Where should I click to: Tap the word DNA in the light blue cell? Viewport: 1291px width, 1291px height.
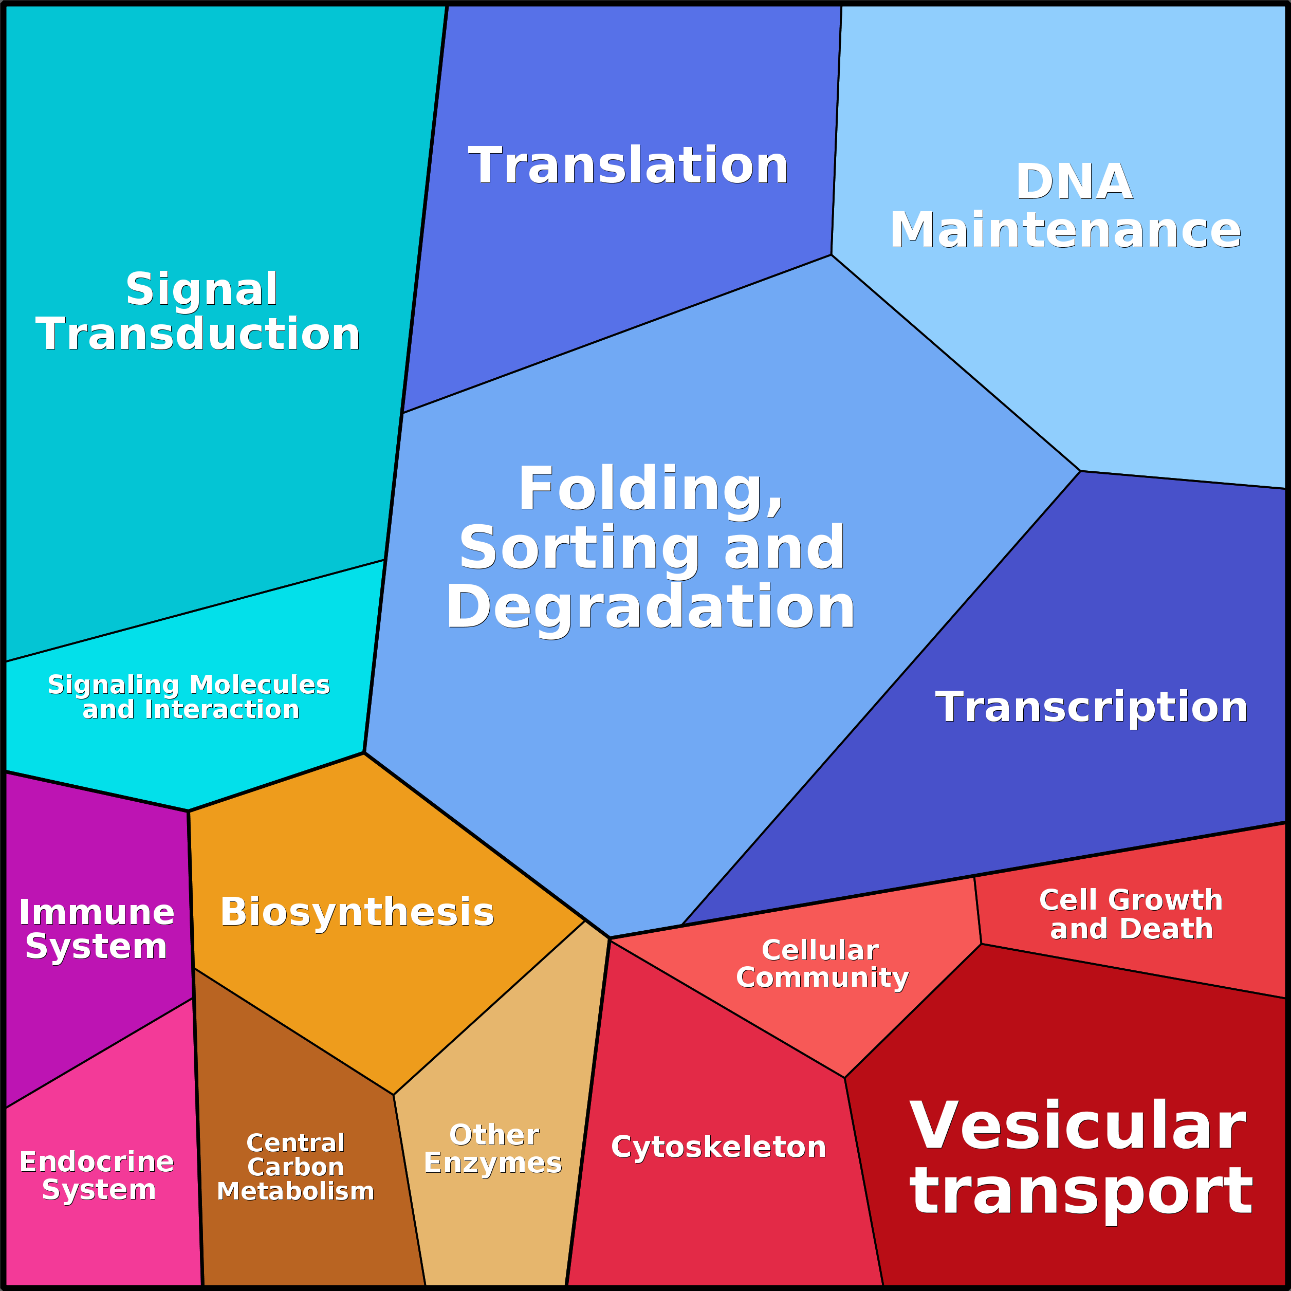click(x=1074, y=182)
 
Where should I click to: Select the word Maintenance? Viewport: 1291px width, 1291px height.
click(x=1065, y=230)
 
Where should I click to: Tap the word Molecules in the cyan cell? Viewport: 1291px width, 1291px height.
click(x=260, y=685)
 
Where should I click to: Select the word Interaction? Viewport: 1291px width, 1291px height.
click(x=222, y=710)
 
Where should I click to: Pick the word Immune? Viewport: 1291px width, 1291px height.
click(x=97, y=913)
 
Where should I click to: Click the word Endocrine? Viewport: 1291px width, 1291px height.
click(x=97, y=1162)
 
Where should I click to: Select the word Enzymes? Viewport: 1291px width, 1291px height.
click(x=493, y=1164)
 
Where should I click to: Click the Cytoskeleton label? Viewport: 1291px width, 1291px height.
click(x=718, y=1147)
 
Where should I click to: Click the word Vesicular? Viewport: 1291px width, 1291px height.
click(x=1078, y=1127)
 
